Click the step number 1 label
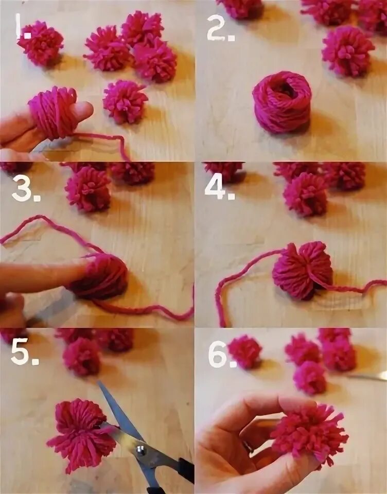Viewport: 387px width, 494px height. pos(23,26)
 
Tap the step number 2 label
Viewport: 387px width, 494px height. pos(221,28)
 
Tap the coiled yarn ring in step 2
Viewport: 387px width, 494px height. pos(282,101)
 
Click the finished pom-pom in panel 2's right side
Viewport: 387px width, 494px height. pos(347,51)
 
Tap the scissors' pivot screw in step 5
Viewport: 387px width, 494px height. pos(140,451)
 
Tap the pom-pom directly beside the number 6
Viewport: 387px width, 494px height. pos(244,351)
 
